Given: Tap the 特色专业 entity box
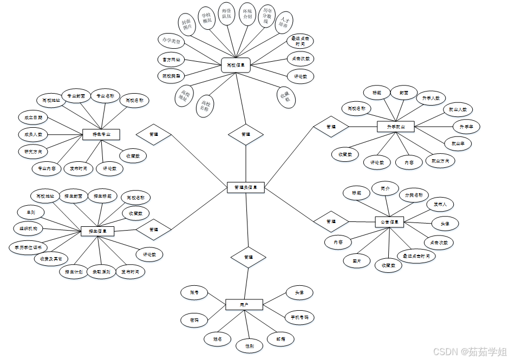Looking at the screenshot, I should click(x=101, y=134).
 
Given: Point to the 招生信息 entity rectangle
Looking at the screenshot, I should click(x=97, y=231).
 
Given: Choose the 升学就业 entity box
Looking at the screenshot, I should click(x=395, y=126).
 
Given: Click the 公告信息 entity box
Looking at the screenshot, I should click(x=389, y=222).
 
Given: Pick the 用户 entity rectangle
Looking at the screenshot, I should click(x=244, y=305).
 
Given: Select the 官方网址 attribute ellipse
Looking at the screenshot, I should click(x=172, y=58).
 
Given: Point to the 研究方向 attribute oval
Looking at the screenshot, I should click(x=33, y=150).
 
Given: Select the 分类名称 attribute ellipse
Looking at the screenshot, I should click(x=414, y=195).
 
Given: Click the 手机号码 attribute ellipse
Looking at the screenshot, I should click(x=299, y=317).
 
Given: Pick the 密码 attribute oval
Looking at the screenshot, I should click(x=194, y=320).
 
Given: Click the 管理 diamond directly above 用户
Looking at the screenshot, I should click(x=248, y=257).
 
